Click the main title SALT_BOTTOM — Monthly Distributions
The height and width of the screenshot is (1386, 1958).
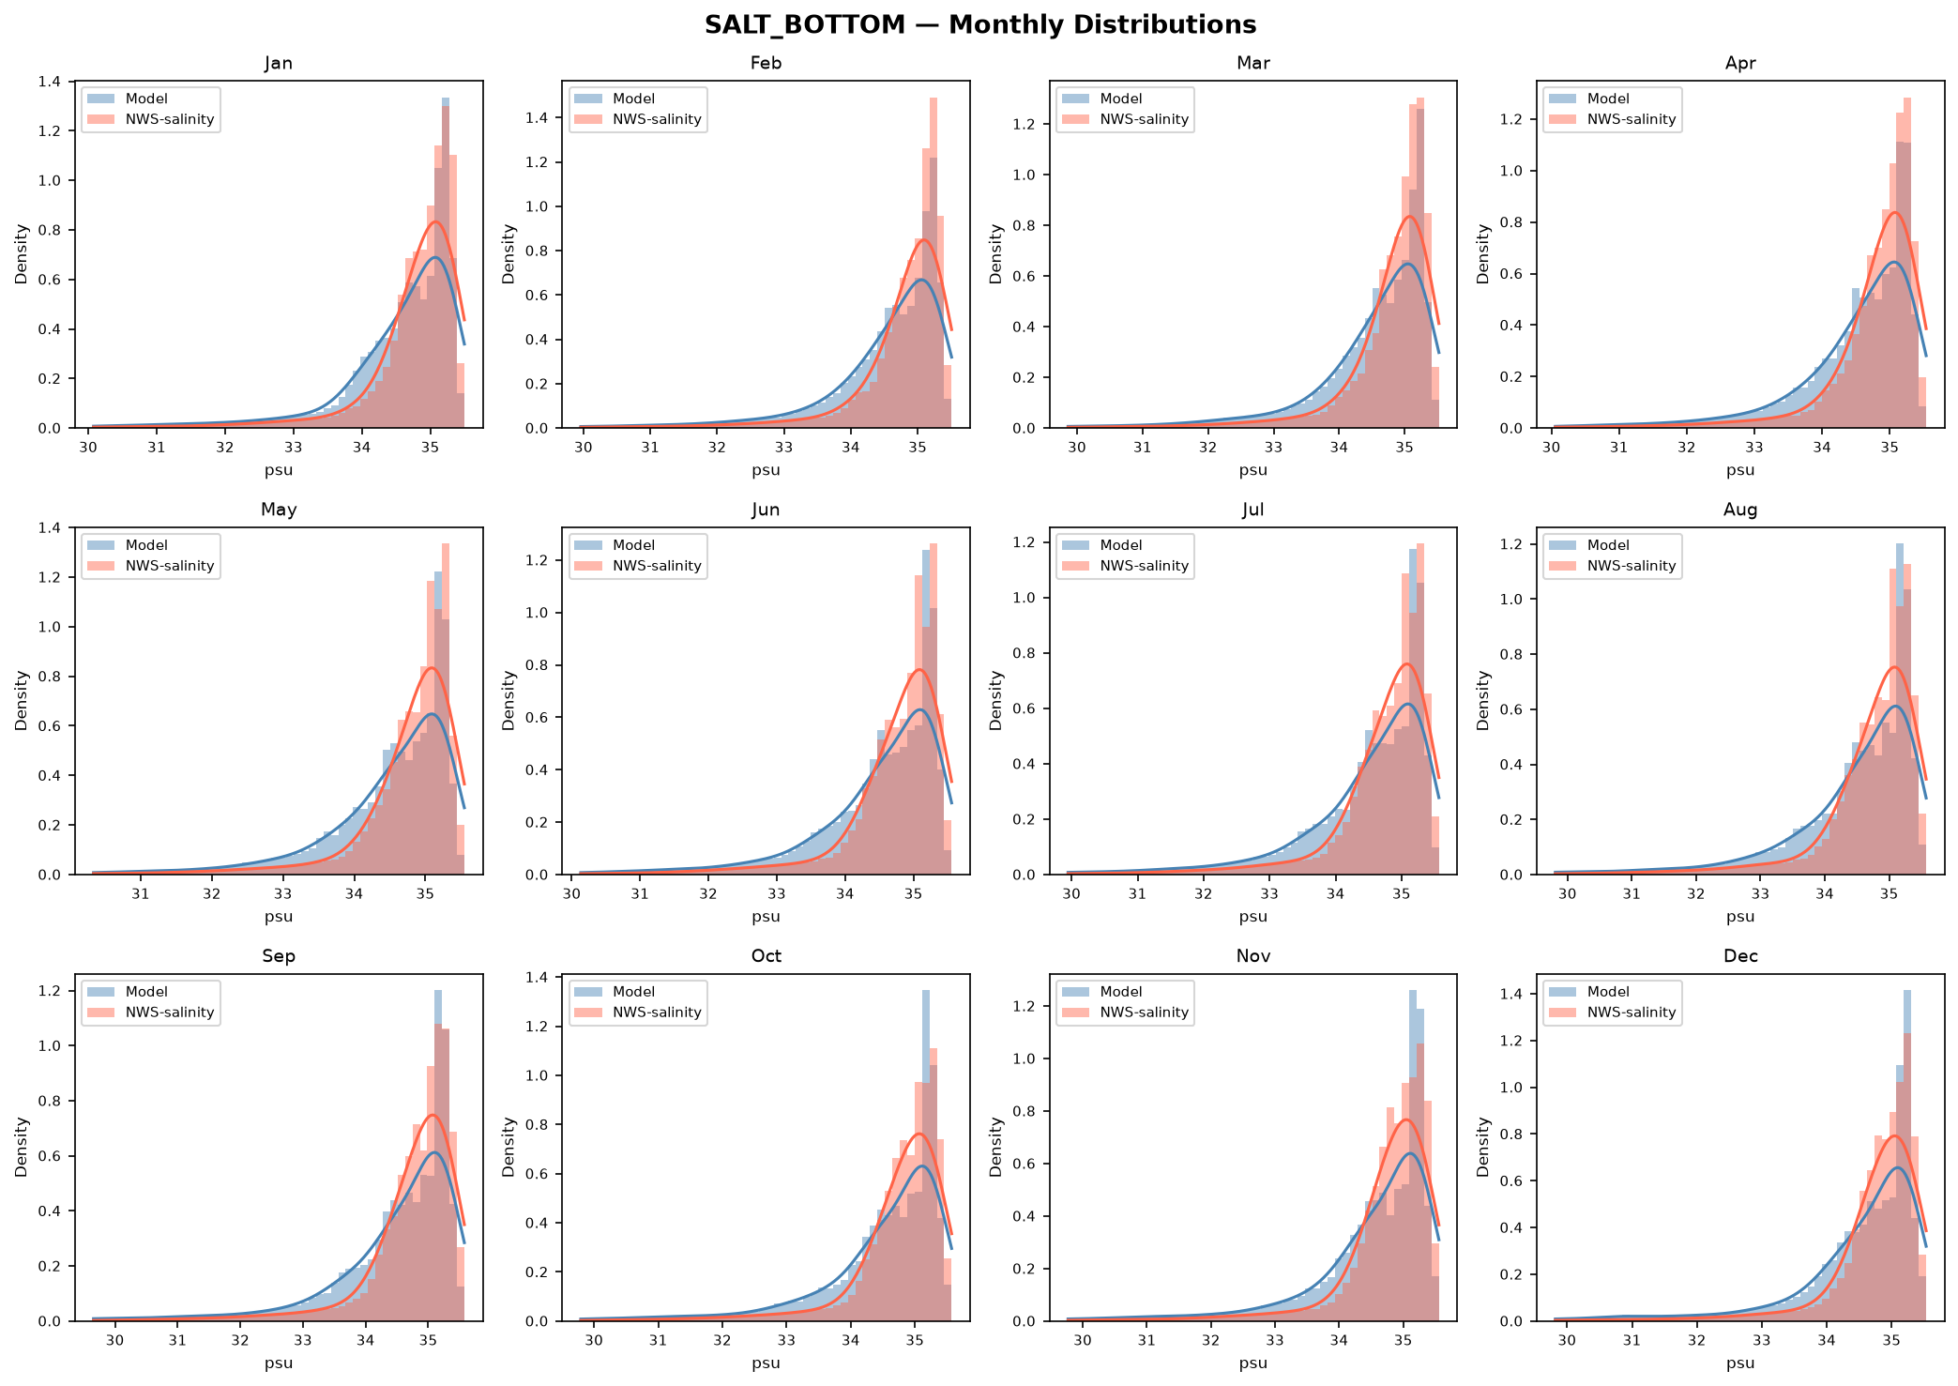pyautogui.click(x=979, y=24)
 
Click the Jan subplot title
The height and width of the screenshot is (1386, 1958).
pyautogui.click(x=279, y=63)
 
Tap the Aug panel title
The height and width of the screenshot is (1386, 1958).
pyautogui.click(x=1740, y=510)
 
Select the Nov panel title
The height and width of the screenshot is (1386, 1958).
pyautogui.click(x=1253, y=956)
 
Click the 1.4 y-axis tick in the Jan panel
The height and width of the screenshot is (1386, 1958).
pyautogui.click(x=51, y=82)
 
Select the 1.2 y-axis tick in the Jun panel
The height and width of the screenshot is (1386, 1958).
pyautogui.click(x=538, y=560)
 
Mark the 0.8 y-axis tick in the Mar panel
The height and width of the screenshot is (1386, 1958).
pyautogui.click(x=1025, y=225)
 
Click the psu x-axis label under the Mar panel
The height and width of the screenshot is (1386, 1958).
pyautogui.click(x=1253, y=470)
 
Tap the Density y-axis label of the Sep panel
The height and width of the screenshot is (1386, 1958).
pyautogui.click(x=22, y=1148)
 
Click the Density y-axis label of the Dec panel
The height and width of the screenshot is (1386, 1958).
pyautogui.click(x=1484, y=1148)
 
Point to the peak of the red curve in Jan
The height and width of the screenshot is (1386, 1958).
pyautogui.click(x=435, y=221)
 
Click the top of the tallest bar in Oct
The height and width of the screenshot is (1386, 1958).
pyautogui.click(x=926, y=991)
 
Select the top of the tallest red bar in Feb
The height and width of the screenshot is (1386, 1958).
pyautogui.click(x=933, y=99)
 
